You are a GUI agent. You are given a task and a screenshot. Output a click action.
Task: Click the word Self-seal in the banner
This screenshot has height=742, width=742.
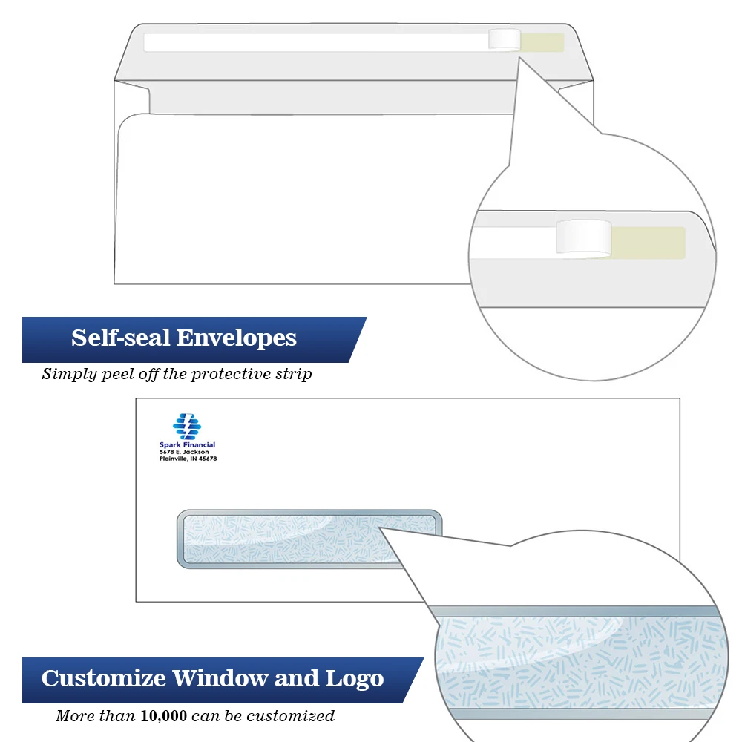119,338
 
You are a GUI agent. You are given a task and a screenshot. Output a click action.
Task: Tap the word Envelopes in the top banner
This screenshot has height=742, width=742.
236,338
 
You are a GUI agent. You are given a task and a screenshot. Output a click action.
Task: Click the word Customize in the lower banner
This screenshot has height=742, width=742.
103,678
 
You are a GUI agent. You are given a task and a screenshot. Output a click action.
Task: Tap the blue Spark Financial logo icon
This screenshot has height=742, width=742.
187,426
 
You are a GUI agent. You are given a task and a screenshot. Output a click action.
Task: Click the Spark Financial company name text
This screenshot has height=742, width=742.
187,445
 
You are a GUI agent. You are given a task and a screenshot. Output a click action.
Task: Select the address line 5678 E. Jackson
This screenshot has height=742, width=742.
184,452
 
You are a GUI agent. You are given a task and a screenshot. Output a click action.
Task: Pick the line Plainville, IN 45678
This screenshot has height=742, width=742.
188,459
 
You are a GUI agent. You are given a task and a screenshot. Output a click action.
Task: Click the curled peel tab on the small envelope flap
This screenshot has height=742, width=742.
505,39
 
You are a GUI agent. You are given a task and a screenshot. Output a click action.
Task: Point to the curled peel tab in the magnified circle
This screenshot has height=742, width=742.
584,237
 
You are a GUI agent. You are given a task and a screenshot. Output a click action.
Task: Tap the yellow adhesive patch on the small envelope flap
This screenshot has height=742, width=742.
542,42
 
